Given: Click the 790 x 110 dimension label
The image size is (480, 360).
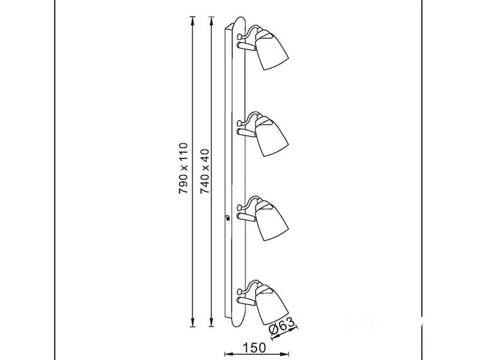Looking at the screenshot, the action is [183, 168].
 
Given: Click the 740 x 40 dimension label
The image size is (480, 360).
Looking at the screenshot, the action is [204, 171].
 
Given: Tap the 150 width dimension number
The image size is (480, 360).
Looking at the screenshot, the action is [254, 348].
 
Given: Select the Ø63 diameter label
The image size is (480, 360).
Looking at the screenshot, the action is [282, 326].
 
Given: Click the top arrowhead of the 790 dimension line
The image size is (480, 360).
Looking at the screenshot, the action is [192, 21].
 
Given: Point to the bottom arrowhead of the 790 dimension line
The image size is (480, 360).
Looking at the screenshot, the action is [192, 322].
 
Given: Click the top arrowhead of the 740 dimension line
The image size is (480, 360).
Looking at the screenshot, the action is [211, 21].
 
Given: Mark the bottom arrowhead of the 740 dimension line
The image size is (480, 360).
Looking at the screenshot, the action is [211, 322].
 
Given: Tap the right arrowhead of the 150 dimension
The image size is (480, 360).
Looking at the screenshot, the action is [284, 354].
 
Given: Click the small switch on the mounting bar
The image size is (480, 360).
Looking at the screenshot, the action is [227, 218].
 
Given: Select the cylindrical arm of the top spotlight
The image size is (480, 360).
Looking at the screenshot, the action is [246, 47].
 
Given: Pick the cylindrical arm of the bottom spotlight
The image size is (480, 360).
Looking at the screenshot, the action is [246, 302].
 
